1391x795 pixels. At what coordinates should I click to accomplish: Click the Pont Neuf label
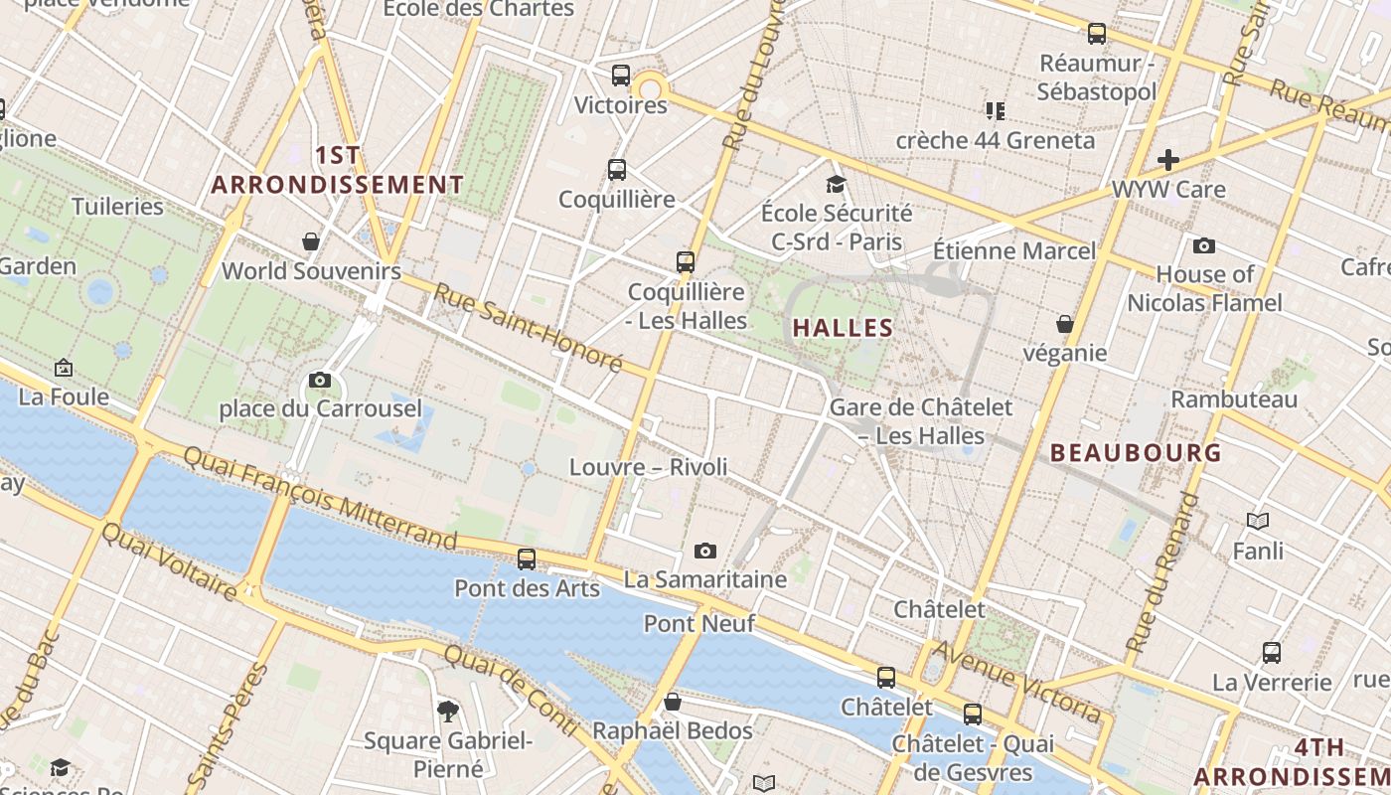[x=699, y=623]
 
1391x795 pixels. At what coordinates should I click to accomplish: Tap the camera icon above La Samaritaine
[x=705, y=551]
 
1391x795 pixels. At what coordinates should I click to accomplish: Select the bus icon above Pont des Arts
[x=527, y=558]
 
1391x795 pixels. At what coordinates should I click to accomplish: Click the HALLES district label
[x=843, y=328]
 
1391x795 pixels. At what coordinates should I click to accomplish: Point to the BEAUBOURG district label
[x=1136, y=453]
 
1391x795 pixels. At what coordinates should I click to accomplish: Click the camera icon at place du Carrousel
[x=320, y=380]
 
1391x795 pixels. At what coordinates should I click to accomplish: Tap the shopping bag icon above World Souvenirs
[x=311, y=241]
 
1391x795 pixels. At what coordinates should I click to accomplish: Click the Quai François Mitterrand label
[x=320, y=497]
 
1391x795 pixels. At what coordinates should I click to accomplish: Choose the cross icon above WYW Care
[x=1168, y=159]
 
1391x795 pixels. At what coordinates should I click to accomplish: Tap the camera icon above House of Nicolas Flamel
[x=1204, y=245]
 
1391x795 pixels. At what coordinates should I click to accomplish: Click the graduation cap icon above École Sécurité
[x=836, y=184]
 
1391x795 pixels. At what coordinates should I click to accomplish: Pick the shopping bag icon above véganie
[x=1065, y=324]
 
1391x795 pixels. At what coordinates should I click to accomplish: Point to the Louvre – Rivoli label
[x=648, y=467]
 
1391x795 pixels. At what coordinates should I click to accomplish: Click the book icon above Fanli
[x=1258, y=521]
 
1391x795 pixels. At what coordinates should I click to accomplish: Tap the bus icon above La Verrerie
[x=1272, y=653]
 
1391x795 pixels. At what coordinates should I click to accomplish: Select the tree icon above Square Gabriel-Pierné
[x=448, y=711]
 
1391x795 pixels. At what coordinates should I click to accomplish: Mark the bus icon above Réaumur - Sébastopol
[x=1097, y=34]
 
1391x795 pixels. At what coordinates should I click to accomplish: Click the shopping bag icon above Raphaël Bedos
[x=673, y=702]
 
